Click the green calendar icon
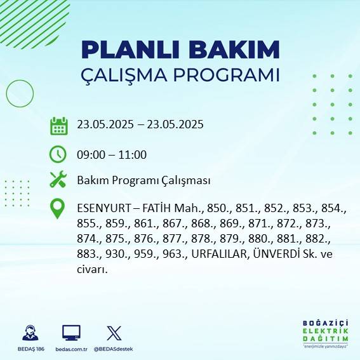point(58,126)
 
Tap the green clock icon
point(58,154)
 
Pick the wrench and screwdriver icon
point(58,180)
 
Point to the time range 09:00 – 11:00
point(112,154)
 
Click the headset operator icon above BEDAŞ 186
point(29,333)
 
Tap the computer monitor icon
point(71,333)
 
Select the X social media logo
point(114,333)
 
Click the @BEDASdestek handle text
point(114,349)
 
